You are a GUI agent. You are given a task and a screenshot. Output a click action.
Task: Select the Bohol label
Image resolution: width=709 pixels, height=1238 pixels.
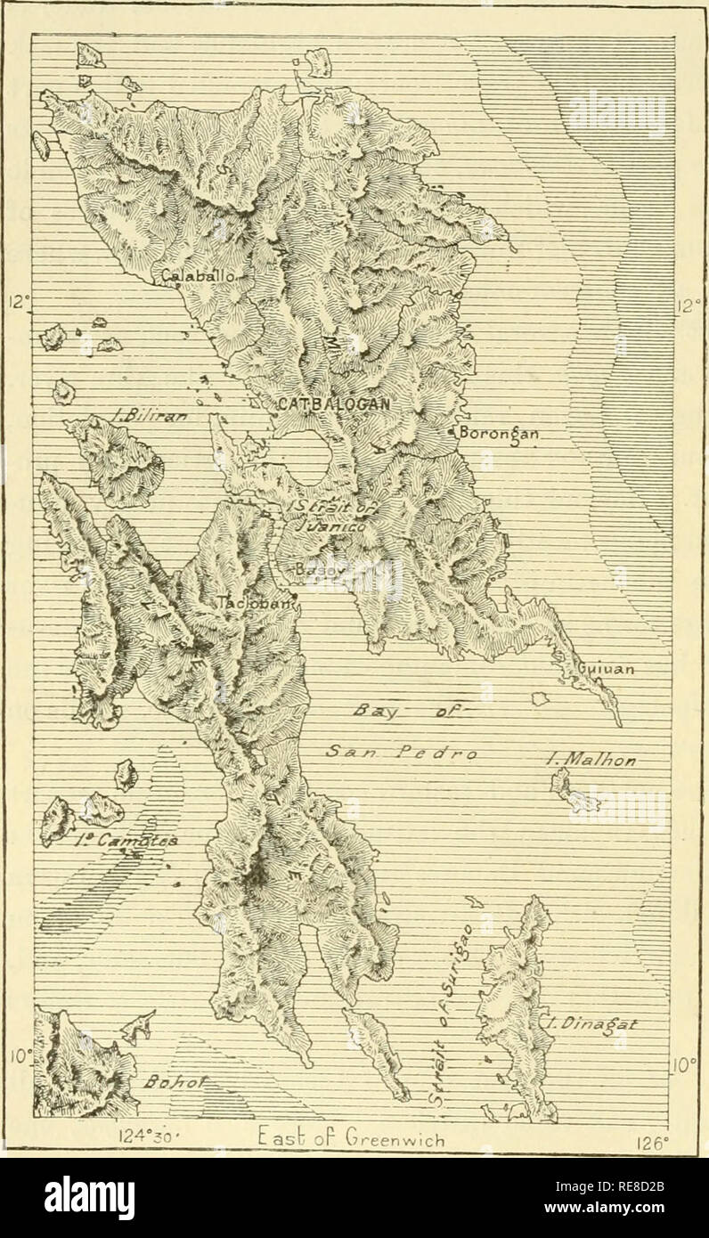tap(166, 1081)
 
